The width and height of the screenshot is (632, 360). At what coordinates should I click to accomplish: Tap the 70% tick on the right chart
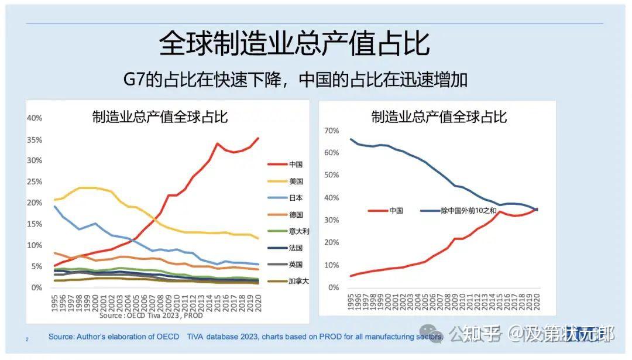click(x=331, y=130)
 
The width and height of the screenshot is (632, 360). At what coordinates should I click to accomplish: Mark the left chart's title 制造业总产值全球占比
click(x=160, y=116)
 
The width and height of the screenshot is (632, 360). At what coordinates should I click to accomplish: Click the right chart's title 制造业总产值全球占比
click(x=439, y=116)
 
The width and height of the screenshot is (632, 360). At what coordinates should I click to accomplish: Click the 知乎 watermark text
click(x=483, y=334)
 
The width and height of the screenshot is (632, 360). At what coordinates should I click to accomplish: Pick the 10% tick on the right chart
click(x=331, y=265)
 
